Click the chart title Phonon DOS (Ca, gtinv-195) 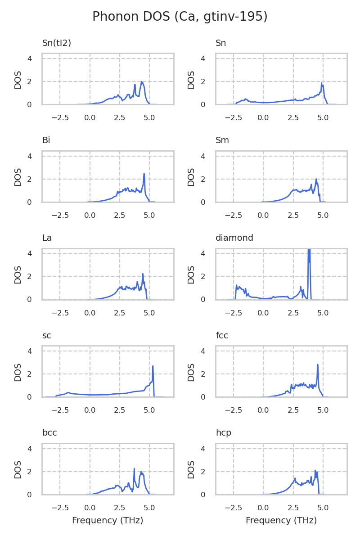click(x=180, y=17)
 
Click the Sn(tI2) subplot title click(x=57, y=43)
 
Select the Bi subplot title click(x=46, y=140)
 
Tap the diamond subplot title click(x=234, y=238)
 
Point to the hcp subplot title click(x=224, y=433)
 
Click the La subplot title click(x=47, y=238)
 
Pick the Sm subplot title click(x=222, y=140)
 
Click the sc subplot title click(x=46, y=335)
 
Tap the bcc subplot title click(x=49, y=433)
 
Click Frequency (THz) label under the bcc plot click(x=108, y=521)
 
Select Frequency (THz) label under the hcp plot click(x=281, y=521)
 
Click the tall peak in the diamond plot click(x=309, y=252)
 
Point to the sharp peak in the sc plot click(x=153, y=366)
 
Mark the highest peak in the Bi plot click(x=144, y=174)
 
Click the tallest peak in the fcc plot click(x=318, y=365)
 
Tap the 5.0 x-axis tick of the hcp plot click(x=323, y=508)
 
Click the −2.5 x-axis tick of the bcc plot click(x=60, y=508)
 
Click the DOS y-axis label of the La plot click(x=18, y=274)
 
